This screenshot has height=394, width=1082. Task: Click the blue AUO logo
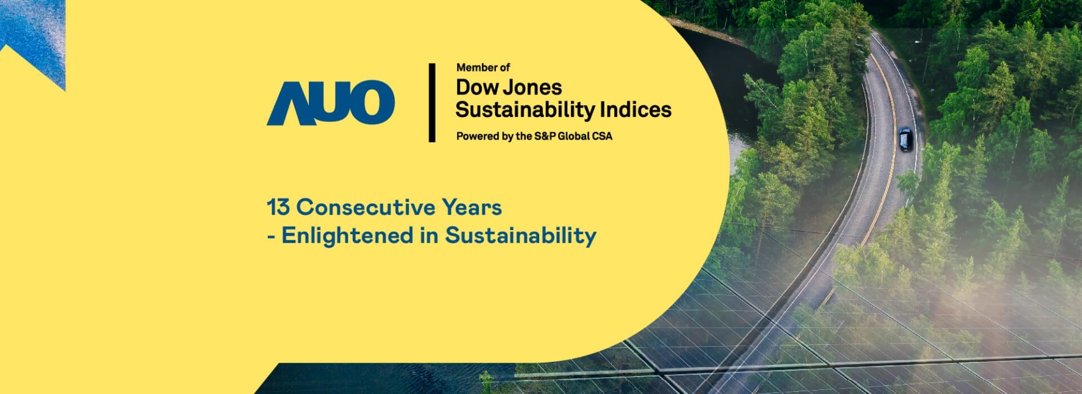[330, 102]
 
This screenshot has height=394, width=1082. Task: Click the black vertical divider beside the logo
[432, 102]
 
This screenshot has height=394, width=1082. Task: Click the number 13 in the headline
[278, 208]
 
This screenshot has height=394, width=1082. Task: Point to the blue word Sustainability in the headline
[521, 236]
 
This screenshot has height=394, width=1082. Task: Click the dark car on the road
[904, 140]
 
